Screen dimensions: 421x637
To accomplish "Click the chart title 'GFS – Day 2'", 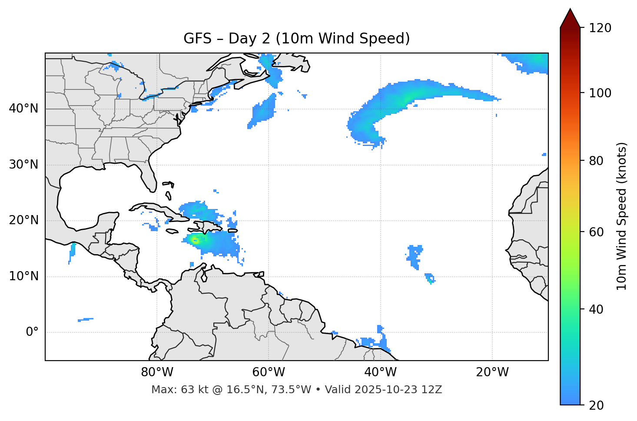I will [297, 39].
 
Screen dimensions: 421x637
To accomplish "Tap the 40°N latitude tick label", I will [23, 109].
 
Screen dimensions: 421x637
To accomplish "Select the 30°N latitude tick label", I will [23, 165].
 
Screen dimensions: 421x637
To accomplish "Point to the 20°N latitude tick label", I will [23, 220].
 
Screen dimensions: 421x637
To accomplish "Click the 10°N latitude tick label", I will [23, 276].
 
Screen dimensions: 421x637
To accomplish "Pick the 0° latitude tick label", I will [32, 332].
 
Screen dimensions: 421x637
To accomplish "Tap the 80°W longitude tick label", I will [156, 372].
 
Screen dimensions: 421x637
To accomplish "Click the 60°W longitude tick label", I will [268, 372].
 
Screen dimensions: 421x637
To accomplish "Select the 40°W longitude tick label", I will [380, 372].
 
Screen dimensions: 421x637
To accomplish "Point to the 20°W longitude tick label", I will [492, 372].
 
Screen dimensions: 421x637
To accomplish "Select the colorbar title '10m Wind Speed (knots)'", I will [622, 216].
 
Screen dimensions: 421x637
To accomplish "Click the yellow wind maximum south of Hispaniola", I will [195, 240].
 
